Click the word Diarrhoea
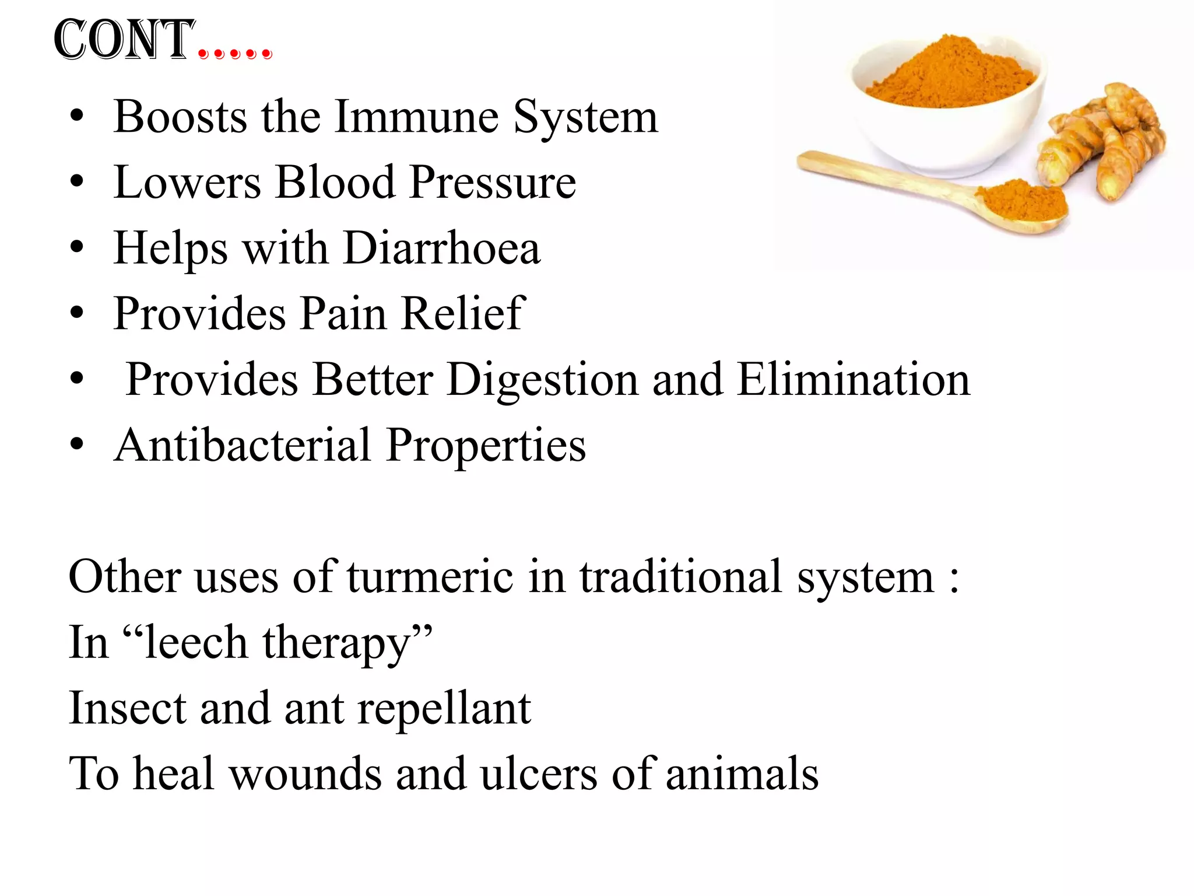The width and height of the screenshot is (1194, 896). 442,249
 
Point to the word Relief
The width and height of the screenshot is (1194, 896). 463,314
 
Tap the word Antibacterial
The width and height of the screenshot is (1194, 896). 243,445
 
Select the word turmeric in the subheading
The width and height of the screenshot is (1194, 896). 430,577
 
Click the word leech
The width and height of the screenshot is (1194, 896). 196,642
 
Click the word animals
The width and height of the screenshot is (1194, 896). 742,774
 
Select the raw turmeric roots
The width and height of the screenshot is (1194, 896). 1105,140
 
